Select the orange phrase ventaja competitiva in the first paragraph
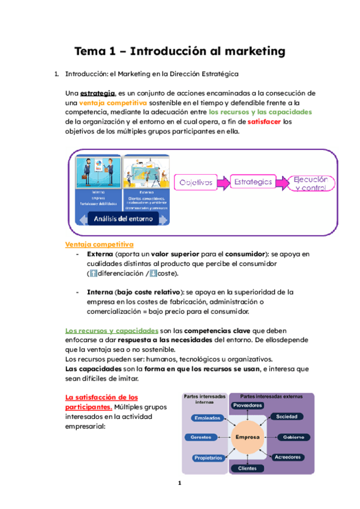(113, 103)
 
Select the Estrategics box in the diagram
(253, 181)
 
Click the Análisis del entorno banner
(122, 218)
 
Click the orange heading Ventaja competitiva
(98, 244)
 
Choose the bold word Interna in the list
(100, 292)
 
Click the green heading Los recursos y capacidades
(111, 331)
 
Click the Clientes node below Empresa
(247, 468)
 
